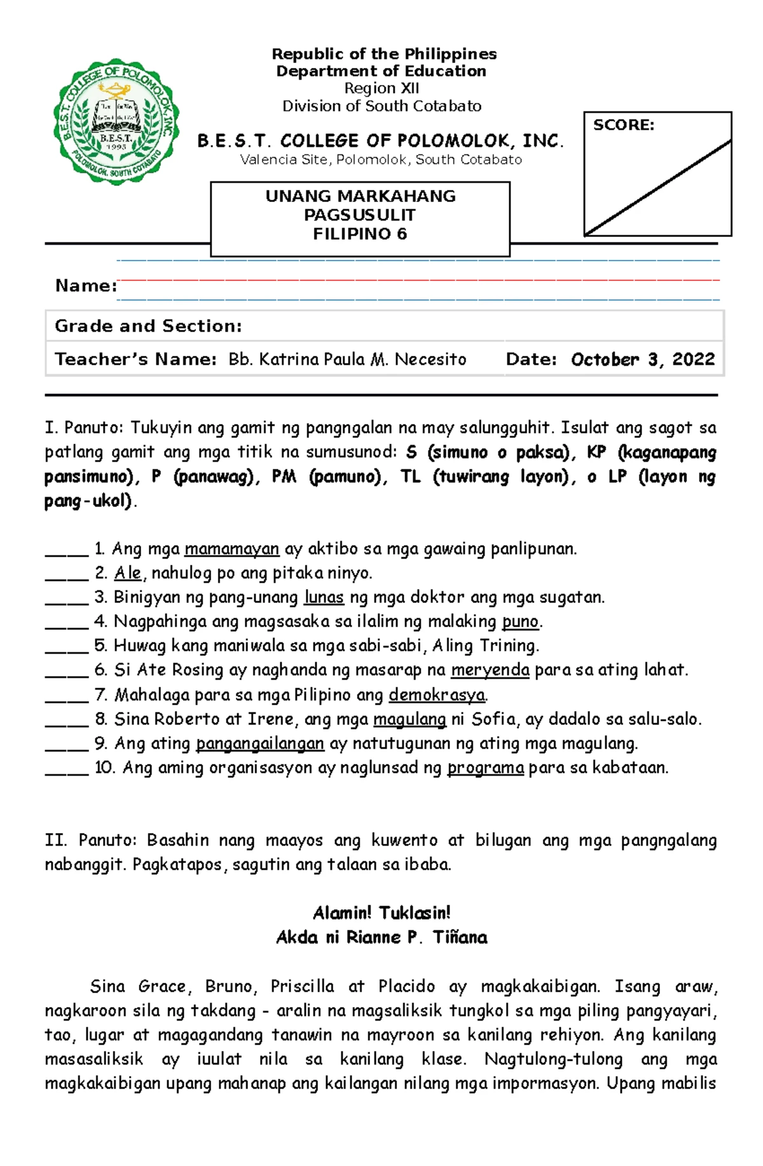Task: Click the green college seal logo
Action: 116,122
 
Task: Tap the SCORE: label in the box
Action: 623,125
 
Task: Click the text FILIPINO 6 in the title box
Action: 360,234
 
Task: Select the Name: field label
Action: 86,286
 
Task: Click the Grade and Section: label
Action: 148,327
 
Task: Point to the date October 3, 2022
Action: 642,360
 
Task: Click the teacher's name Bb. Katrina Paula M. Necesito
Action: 347,360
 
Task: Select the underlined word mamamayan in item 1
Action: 231,549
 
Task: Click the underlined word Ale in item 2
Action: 127,573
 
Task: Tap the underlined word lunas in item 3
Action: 324,597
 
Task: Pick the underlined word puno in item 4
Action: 520,621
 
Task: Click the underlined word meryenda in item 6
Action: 490,670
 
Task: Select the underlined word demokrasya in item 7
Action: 437,695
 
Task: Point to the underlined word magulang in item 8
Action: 409,719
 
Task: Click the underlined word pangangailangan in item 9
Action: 260,743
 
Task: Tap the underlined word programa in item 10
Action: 486,768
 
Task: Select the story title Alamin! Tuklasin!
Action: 381,913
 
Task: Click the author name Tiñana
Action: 460,937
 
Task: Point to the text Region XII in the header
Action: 381,88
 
